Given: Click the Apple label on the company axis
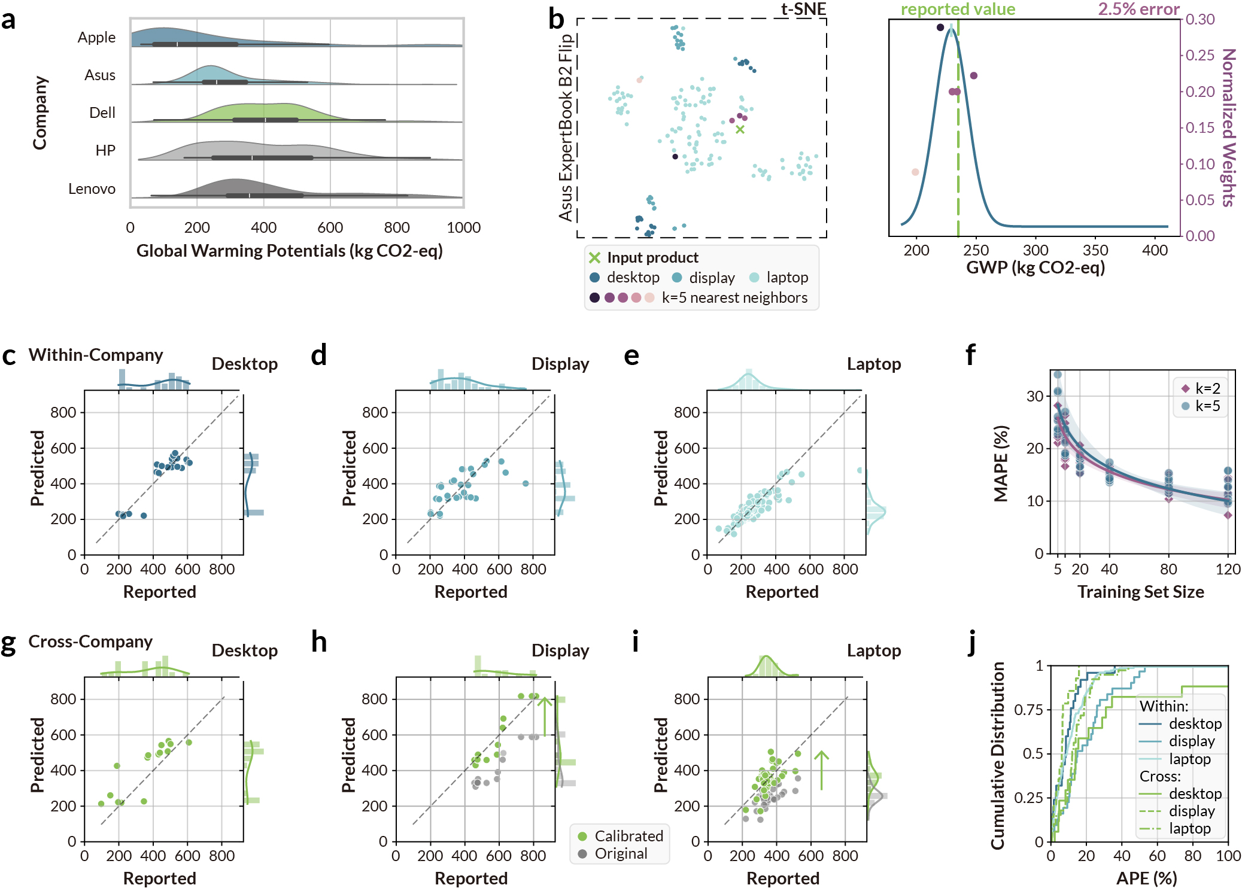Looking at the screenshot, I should tap(96, 37).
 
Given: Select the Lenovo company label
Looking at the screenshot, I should tap(92, 189).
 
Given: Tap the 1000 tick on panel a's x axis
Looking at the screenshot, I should tap(463, 227).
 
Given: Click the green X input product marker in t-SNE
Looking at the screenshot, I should tap(740, 129).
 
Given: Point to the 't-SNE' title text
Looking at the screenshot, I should tap(803, 9).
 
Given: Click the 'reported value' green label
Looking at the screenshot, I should tap(958, 9).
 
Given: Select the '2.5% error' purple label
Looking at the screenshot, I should tap(1138, 9).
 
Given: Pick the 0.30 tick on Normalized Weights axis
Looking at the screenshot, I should tap(1201, 19).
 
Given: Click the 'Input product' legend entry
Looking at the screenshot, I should tap(652, 258).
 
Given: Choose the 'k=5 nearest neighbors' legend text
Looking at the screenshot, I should tap(734, 298).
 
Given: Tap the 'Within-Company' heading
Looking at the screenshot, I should tap(96, 355).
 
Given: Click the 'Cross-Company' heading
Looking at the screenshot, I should tap(90, 641).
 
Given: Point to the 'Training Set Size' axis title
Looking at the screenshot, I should tap(1140, 592).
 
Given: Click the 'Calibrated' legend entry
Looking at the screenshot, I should tap(628, 836).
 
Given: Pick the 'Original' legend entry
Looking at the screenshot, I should tap(621, 854).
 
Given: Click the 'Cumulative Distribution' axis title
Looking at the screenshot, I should tap(997, 755).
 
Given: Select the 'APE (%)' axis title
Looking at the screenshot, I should tap(1146, 878).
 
